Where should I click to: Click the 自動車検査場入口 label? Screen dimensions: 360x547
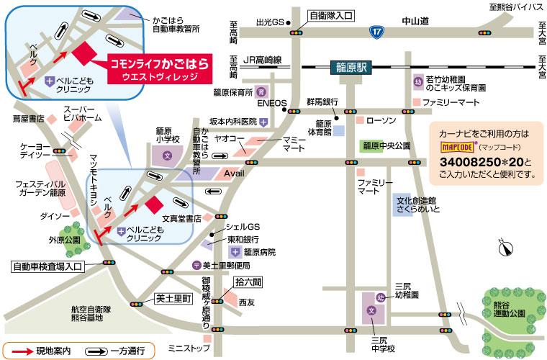[48, 266]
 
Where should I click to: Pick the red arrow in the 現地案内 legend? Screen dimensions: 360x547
[19, 351]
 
